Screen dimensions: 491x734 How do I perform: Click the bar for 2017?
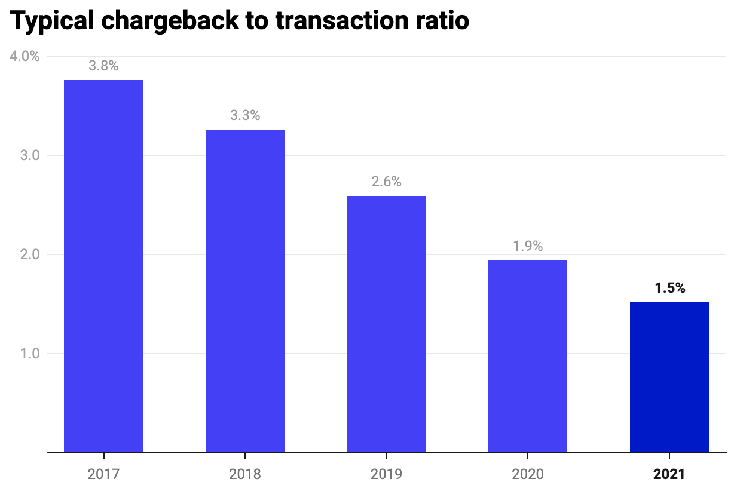click(x=103, y=266)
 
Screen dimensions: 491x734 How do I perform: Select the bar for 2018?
click(x=245, y=291)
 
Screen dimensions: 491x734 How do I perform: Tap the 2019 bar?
click(x=386, y=324)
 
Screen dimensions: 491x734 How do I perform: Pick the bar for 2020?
click(x=528, y=356)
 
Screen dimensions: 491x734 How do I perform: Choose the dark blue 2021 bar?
click(x=669, y=377)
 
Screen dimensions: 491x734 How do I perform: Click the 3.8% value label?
click(x=103, y=66)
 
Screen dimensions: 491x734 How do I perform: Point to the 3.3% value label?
click(x=245, y=116)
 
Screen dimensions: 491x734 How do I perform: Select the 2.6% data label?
click(x=386, y=182)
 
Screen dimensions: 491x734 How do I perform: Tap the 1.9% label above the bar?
click(x=528, y=246)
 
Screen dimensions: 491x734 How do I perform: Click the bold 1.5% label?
click(x=669, y=288)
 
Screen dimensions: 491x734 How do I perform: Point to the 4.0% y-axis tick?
click(x=25, y=57)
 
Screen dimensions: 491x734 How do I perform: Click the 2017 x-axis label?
click(x=103, y=475)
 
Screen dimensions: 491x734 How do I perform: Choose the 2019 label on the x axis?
click(x=386, y=475)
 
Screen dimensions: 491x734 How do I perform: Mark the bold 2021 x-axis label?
click(x=669, y=475)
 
